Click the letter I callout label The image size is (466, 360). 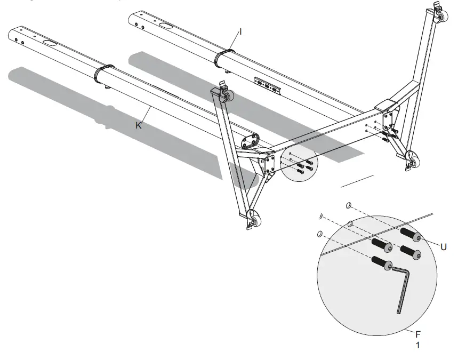(240, 32)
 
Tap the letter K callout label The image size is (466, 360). (139, 125)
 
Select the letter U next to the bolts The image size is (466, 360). (443, 247)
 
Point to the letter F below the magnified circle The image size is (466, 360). (419, 334)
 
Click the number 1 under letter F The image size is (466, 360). (418, 345)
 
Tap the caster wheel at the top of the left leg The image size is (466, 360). (228, 96)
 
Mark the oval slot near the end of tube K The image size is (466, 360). (51, 43)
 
